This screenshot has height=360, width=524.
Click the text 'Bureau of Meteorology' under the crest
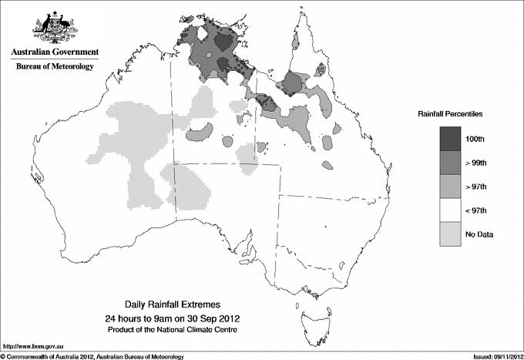pyautogui.click(x=54, y=67)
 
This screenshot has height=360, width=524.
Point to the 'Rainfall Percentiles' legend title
pyautogui.click(x=450, y=114)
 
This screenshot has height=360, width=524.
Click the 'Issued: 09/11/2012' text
pyautogui.click(x=492, y=355)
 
